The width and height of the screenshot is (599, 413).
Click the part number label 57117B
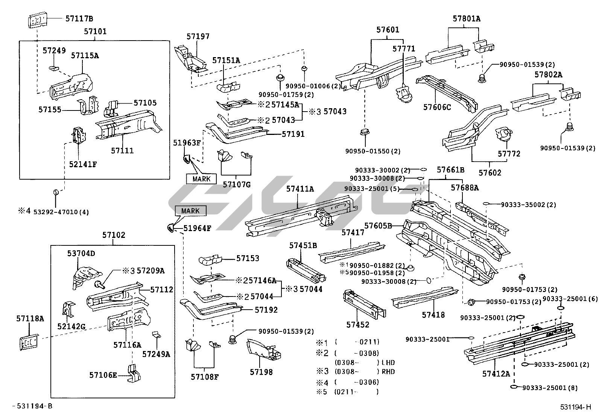pos(79,18)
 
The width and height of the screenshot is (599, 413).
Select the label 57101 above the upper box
pos(95,32)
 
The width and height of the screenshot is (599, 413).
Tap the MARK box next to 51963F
pos(201,179)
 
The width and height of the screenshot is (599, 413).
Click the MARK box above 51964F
pos(190,211)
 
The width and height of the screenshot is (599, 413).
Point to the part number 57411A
pos(300,189)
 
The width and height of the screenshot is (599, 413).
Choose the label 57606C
pos(437,107)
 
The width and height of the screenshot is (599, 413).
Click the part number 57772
pos(509,154)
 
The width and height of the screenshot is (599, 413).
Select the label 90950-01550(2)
pos(373,151)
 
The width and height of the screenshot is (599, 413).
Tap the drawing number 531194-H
pos(575,407)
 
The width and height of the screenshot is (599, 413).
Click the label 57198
pos(261,372)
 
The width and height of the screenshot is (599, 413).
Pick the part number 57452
pos(358,325)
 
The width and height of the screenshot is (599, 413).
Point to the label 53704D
pos(81,253)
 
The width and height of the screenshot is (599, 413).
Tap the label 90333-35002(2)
pos(528,205)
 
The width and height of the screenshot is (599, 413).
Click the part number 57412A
pos(496,374)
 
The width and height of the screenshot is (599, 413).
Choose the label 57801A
pos(467,19)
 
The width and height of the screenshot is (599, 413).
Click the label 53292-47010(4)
pos(61,212)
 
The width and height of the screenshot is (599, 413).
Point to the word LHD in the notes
pos(388,363)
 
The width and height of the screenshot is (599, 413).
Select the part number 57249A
pos(156,354)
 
